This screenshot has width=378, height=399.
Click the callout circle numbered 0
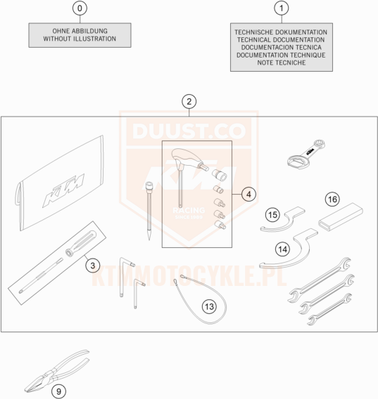point(80,8)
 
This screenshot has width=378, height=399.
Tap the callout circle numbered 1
point(282,8)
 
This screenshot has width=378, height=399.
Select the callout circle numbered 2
point(189,102)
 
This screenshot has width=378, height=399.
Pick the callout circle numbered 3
point(93,266)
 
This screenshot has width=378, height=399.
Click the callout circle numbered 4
point(248,195)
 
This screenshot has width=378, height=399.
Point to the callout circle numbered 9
point(58,391)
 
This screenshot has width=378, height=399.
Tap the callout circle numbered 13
point(209,306)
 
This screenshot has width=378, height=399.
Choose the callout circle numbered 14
point(282,249)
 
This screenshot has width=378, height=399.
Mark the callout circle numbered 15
point(272,215)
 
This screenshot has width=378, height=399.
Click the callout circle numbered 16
point(332,199)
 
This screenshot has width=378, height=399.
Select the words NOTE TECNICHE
point(282,63)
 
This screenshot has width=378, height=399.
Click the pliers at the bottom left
point(57,371)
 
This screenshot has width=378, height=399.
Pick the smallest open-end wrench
point(329,309)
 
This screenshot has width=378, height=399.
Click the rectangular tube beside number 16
point(341,217)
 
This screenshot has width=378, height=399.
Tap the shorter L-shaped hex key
point(138,293)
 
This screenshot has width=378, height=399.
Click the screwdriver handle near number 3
point(81,243)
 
